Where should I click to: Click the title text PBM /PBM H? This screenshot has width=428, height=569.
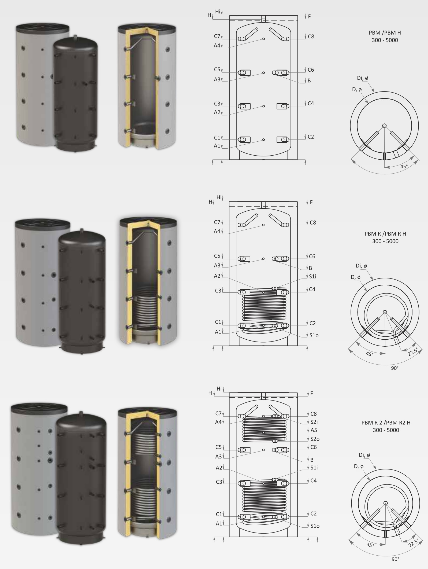tap(385, 33)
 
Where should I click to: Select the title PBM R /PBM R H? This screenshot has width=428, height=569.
tap(385, 234)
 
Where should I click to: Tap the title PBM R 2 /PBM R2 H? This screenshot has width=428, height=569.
tap(386, 423)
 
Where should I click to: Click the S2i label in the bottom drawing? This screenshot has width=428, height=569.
tap(314, 422)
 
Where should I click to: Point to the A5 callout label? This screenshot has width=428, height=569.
tap(314, 430)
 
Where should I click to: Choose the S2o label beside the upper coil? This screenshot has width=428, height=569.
tap(315, 439)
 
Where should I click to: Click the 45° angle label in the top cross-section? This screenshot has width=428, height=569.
tap(404, 166)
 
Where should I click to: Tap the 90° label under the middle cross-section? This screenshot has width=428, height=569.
tap(395, 368)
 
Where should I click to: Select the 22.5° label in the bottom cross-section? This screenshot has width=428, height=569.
tap(413, 542)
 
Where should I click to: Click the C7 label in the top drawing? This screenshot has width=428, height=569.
tap(217, 36)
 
